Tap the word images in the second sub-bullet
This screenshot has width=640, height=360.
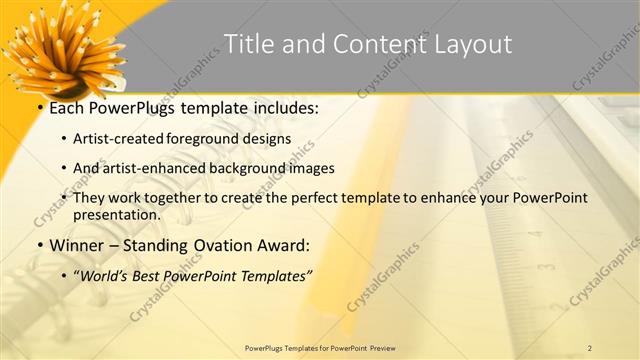click(308, 168)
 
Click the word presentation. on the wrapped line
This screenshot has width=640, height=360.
click(116, 214)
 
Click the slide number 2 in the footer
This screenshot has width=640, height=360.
click(590, 348)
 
